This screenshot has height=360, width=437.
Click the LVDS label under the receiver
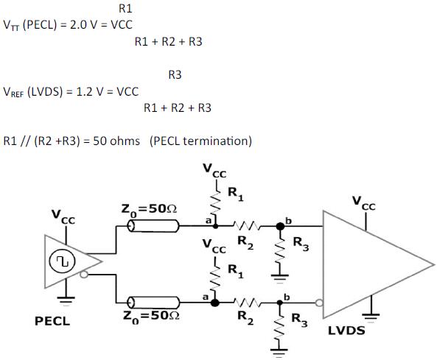pos(346,331)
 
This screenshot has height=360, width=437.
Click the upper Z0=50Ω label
pos(147,208)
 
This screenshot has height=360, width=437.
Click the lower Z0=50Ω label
pos(147,315)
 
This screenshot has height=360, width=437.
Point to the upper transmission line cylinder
pos(152,227)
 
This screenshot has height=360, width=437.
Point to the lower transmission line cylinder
pos(152,302)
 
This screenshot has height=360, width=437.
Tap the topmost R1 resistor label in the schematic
pos(234,194)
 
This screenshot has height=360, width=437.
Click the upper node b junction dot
pos(279,227)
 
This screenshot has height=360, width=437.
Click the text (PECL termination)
pos(200,141)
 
